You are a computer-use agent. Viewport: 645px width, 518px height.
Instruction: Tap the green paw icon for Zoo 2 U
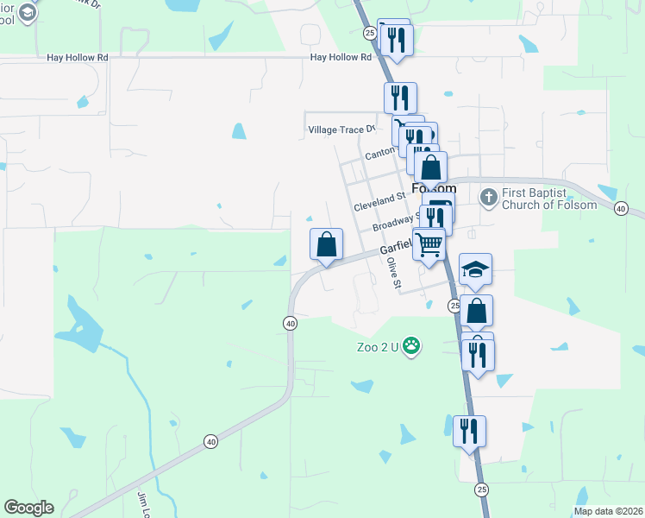point(413,347)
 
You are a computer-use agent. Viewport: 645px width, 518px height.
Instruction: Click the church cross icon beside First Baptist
point(488,198)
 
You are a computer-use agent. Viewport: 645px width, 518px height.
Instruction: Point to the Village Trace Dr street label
point(342,129)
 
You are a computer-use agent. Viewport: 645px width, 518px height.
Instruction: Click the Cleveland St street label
point(379,203)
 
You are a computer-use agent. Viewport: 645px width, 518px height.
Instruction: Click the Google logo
point(28,508)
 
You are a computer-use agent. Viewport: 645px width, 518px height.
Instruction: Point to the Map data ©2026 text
point(608,511)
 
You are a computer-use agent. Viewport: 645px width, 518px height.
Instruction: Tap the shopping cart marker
point(429,244)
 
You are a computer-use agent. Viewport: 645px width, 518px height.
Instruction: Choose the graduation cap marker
point(475,269)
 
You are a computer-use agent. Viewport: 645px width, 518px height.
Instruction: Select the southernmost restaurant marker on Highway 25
point(469,432)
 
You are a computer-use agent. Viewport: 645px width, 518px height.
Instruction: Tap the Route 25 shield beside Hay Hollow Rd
point(369,33)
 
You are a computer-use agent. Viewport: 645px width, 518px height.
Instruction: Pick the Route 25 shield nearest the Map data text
point(481,489)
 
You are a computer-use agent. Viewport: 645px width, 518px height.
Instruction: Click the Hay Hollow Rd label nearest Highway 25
point(341,58)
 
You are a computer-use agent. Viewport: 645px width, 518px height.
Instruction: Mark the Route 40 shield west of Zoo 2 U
point(290,323)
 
